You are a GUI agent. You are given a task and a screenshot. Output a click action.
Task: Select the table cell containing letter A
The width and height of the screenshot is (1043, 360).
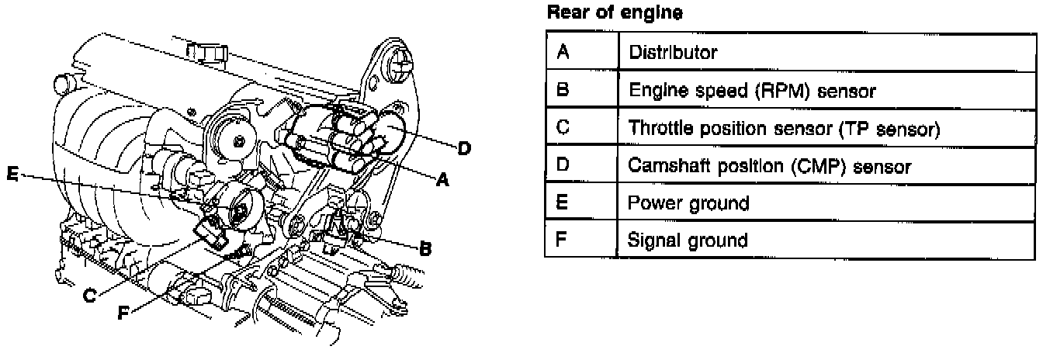point(564,52)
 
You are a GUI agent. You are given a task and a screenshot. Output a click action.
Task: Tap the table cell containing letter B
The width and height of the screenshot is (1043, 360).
point(564,90)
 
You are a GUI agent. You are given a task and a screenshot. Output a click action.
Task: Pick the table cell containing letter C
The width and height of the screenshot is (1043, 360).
point(564,127)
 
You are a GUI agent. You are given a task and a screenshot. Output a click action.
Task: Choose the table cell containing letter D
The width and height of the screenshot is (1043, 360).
point(564,165)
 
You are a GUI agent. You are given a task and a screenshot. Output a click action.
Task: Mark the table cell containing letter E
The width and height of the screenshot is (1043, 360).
point(564,202)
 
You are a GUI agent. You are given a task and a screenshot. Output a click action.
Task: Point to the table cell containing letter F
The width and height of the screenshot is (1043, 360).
point(564,240)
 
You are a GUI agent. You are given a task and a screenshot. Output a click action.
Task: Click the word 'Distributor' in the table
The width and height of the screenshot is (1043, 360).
point(673,53)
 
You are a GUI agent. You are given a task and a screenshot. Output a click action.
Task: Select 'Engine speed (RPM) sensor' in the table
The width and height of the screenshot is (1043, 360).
point(752,91)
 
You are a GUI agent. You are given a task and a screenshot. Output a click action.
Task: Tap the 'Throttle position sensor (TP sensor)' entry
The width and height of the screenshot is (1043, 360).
point(785,128)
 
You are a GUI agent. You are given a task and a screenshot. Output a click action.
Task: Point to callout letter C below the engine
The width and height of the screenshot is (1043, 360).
point(91,295)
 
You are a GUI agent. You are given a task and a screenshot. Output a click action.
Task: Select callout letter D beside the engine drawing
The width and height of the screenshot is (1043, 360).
point(464,147)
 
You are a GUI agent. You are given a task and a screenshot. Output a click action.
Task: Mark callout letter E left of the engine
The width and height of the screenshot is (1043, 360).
point(12,175)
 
